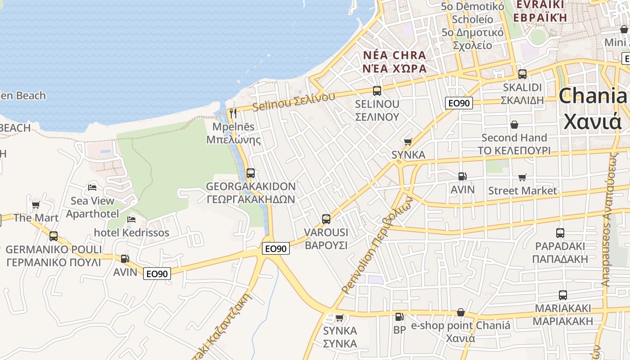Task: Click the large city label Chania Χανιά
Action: pos(593,108)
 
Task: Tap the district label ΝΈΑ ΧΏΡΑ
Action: pos(395,68)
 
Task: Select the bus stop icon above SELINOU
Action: pos(377,91)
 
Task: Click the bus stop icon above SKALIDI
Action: pos(522,74)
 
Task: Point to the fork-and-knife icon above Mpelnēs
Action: pos(233,113)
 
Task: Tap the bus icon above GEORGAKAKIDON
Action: pos(251,173)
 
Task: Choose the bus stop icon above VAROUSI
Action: pos(326,220)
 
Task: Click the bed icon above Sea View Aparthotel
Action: pos(92,187)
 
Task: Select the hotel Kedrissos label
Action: pos(131,233)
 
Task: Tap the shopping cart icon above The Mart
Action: pos(36,205)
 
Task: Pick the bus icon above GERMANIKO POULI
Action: pos(54,236)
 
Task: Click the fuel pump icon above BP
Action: pos(399,317)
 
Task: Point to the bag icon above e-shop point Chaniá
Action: pos(461,312)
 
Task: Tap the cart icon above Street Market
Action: pos(522,178)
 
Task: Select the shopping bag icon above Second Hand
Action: pos(514,125)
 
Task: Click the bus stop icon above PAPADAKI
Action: pos(560,233)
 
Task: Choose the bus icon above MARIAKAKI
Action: pos(563,295)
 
